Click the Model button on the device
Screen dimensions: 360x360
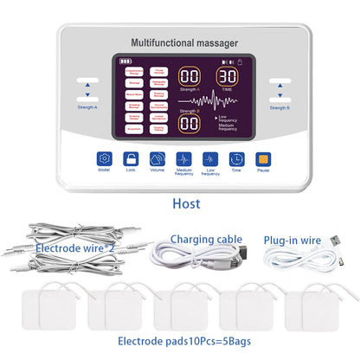[105, 159]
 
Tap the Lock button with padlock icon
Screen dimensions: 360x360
[131, 159]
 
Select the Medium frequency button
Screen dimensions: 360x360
[183, 159]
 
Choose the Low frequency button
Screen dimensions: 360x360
[210, 159]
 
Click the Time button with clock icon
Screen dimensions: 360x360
[236, 159]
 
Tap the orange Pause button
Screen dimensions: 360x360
[263, 159]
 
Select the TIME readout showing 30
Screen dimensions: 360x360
[228, 76]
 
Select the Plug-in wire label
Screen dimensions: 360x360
[294, 239]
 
